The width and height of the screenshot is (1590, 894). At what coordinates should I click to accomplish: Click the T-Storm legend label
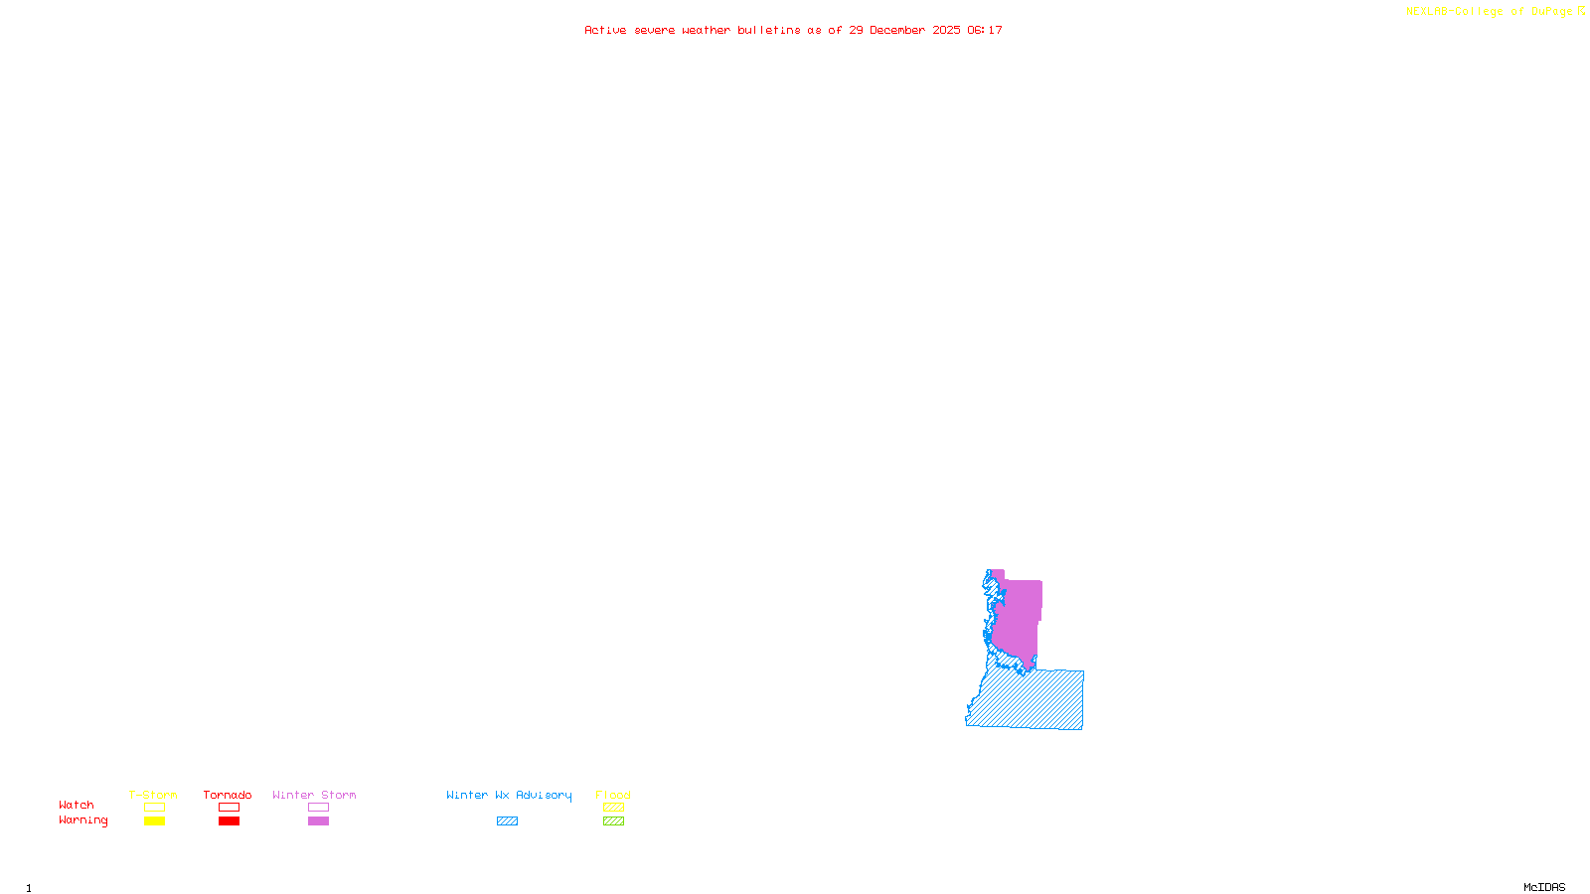pyautogui.click(x=153, y=795)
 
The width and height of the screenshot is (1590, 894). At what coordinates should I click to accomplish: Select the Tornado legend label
pyautogui.click(x=228, y=795)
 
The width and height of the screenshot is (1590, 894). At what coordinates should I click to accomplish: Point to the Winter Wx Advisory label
pyautogui.click(x=509, y=795)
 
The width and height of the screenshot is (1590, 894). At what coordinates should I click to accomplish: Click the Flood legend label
pyautogui.click(x=613, y=795)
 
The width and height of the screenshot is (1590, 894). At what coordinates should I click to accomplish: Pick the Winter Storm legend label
pyautogui.click(x=314, y=795)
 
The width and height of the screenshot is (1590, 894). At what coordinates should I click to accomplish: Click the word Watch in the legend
pyautogui.click(x=77, y=805)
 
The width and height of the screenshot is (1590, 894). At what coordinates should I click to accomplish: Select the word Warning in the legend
pyautogui.click(x=83, y=820)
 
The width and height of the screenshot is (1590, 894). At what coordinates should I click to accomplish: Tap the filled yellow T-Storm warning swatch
pyautogui.click(x=154, y=821)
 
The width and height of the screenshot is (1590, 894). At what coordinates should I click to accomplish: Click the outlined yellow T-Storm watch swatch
pyautogui.click(x=154, y=808)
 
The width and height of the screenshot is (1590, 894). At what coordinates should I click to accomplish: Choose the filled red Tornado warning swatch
pyautogui.click(x=229, y=821)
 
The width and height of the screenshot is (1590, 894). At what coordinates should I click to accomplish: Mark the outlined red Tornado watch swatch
pyautogui.click(x=229, y=808)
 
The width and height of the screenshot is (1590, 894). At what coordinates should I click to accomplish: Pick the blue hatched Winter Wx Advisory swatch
pyautogui.click(x=507, y=821)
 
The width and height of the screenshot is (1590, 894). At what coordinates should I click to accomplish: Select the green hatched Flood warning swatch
pyautogui.click(x=613, y=821)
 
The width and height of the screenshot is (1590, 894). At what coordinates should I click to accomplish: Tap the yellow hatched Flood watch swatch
pyautogui.click(x=613, y=808)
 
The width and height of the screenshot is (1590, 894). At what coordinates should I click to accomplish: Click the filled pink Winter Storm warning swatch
pyautogui.click(x=318, y=821)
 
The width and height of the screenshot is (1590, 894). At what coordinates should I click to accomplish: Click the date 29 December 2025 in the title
pyautogui.click(x=904, y=30)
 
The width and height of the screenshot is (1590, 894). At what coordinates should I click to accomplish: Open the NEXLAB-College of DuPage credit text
pyautogui.click(x=1490, y=12)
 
